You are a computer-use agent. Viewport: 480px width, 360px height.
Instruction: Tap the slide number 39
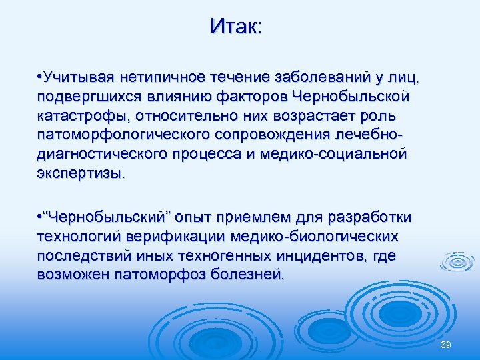pos(446,344)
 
